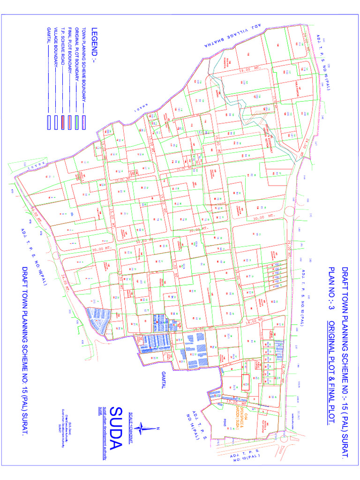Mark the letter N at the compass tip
158,427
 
